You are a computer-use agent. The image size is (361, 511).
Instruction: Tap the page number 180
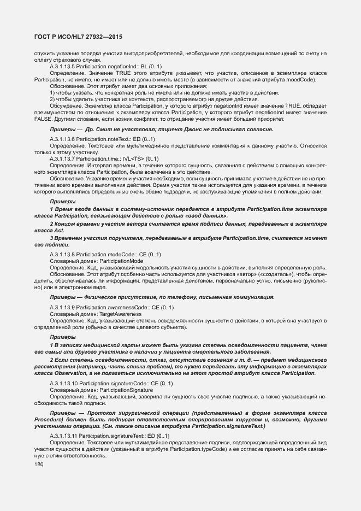click(x=39, y=464)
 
